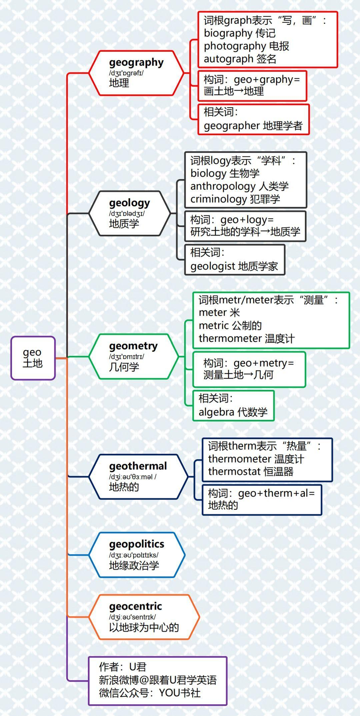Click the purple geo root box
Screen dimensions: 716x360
[x=33, y=358]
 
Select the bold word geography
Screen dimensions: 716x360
[x=136, y=62]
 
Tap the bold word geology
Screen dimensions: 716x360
[x=129, y=203]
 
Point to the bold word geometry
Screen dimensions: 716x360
[x=133, y=346]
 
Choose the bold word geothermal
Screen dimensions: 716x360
[x=138, y=466]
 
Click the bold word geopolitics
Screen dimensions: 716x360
[x=137, y=544]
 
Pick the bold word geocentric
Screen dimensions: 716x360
[x=135, y=606]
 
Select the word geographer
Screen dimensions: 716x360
[x=232, y=126]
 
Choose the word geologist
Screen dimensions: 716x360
[x=213, y=266]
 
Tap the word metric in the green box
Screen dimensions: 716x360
[x=214, y=325]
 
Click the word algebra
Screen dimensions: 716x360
[x=216, y=412]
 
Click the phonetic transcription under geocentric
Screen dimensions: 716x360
[x=132, y=617]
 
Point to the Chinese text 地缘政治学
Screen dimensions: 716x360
[x=134, y=565]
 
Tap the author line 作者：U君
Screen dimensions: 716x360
[x=123, y=667]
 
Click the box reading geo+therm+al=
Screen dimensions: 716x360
[x=262, y=500]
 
